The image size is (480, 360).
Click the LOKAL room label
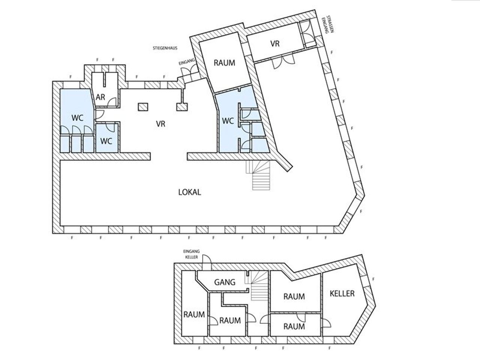tap(190, 192)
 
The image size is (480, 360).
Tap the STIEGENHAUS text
tap(165, 48)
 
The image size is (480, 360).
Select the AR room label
tap(100, 97)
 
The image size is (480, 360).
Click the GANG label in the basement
tap(225, 282)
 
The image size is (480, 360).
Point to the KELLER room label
tap(342, 294)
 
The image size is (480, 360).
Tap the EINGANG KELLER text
tap(192, 254)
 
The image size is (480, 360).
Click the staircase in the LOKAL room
tap(259, 175)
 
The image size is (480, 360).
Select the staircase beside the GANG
tap(256, 285)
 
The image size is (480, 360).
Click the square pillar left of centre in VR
tap(143, 107)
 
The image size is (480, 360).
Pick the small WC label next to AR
tap(106, 141)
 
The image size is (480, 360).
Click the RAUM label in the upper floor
tap(224, 63)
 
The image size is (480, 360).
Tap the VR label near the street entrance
tap(275, 44)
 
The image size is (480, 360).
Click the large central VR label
tap(160, 124)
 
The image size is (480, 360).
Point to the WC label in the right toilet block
tap(228, 121)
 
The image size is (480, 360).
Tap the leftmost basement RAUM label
tap(194, 315)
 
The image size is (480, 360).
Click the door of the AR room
tap(112, 102)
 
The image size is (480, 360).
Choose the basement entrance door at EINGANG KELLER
tap(207, 262)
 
